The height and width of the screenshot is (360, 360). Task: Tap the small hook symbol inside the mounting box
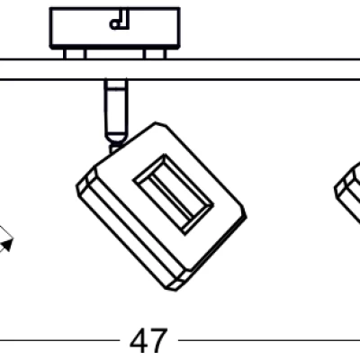point(120,20)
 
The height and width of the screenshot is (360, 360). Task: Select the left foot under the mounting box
point(75,54)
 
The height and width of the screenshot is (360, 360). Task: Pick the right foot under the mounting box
point(155,54)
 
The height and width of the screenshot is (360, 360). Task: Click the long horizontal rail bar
point(180,69)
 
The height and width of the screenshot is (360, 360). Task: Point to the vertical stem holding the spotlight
point(115,115)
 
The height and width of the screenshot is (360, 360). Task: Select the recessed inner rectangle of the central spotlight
point(174,194)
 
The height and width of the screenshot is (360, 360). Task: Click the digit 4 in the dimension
point(139,340)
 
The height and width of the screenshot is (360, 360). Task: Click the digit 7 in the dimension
point(157,340)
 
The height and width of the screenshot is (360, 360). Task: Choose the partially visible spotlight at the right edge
point(348,192)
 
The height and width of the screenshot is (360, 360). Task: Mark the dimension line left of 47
point(60,340)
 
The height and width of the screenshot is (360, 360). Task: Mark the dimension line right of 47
point(269,340)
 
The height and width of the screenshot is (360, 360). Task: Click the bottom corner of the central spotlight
point(172,290)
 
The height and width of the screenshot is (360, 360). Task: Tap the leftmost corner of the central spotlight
point(76,186)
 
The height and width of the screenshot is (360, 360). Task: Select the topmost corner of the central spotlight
point(156,122)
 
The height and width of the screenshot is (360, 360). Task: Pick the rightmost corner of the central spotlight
point(246,212)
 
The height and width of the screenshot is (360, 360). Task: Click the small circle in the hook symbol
point(115,24)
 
